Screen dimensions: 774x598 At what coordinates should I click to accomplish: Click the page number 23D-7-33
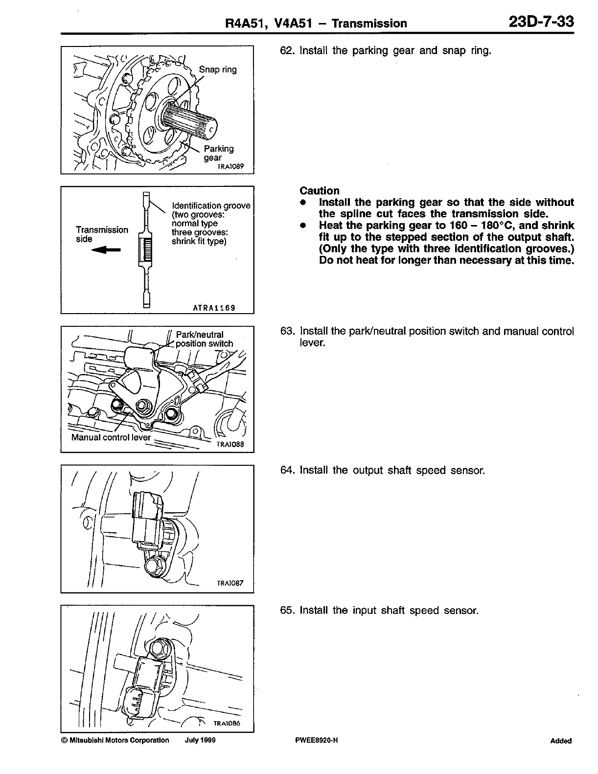[541, 22]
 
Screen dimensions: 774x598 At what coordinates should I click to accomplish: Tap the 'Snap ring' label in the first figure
[217, 69]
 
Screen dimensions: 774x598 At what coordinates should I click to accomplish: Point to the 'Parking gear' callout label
[218, 153]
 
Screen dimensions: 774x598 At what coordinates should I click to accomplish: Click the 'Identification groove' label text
[211, 205]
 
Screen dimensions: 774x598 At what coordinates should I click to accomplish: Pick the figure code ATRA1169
[214, 308]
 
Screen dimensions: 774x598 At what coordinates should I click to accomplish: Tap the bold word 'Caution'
[319, 191]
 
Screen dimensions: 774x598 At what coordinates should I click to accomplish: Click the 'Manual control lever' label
[111, 437]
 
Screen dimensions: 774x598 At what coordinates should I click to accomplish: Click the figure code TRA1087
[230, 583]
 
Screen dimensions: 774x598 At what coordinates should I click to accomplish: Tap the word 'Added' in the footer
[560, 741]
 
